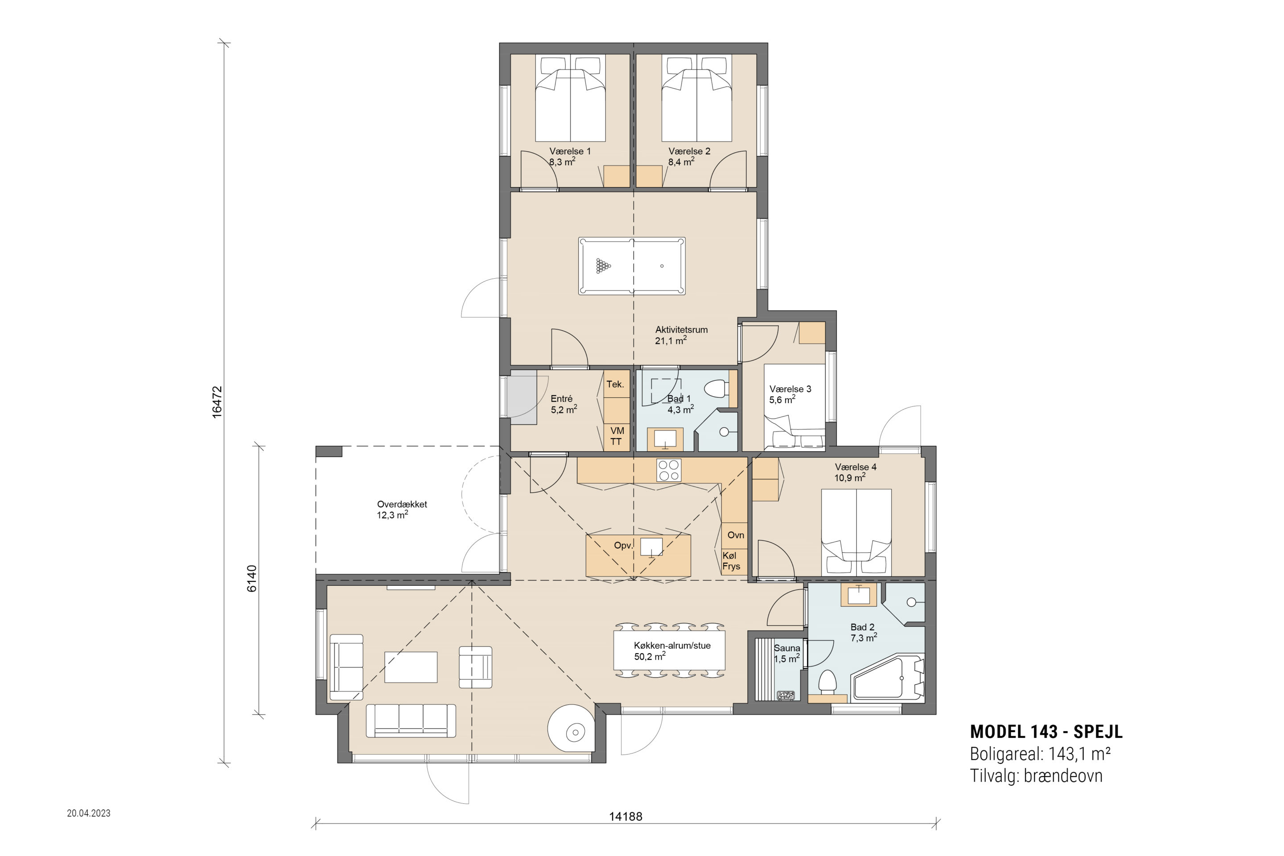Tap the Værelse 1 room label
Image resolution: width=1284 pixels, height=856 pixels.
(570, 151)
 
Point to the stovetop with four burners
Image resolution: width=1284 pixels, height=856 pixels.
(669, 470)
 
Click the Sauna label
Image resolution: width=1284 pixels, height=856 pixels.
(786, 648)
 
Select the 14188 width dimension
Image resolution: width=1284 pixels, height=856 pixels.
(626, 817)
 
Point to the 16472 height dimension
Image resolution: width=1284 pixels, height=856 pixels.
(217, 402)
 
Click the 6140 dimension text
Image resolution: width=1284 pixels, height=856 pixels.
(251, 579)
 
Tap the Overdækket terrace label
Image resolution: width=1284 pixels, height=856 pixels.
(402, 504)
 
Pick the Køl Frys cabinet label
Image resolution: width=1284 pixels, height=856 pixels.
(731, 561)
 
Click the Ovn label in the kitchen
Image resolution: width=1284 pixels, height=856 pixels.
(736, 535)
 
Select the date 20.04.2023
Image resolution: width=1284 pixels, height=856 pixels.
(88, 813)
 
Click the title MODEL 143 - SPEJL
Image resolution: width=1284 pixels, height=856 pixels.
(1046, 732)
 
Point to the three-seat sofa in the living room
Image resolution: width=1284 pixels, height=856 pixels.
(411, 720)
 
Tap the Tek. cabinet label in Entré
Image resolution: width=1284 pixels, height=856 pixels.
(615, 384)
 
